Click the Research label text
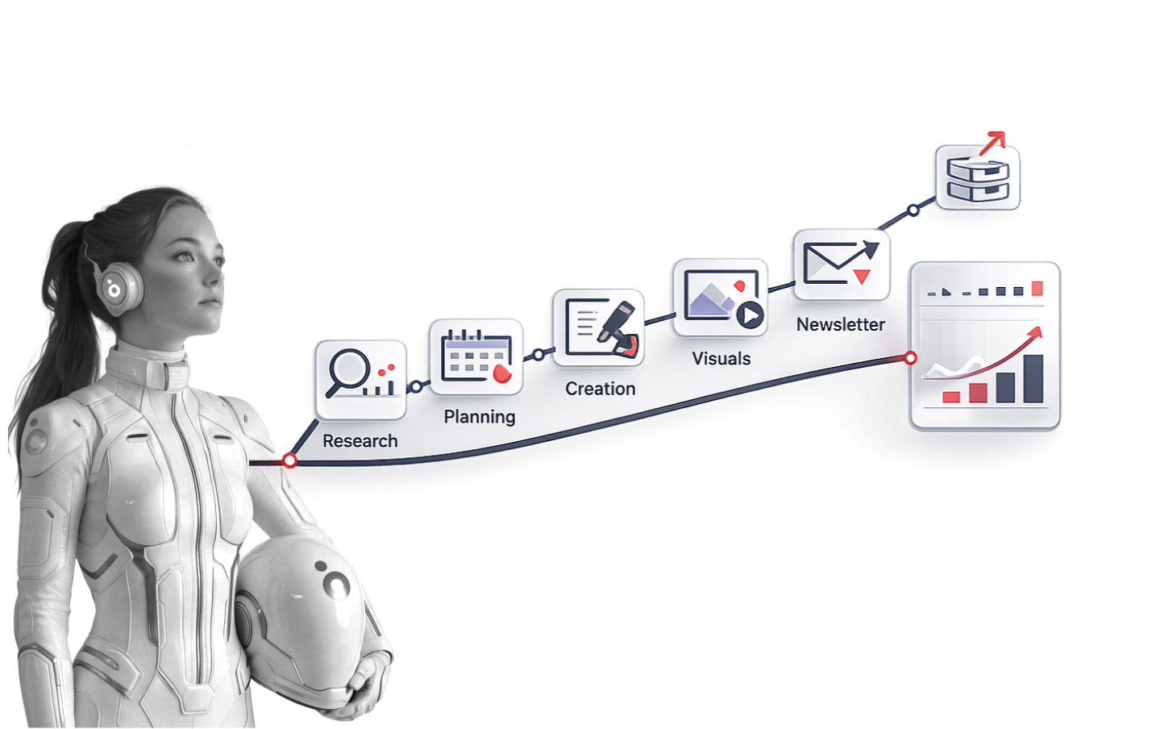click(360, 441)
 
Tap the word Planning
click(480, 417)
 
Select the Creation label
click(601, 389)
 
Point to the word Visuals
click(721, 359)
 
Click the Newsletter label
click(841, 324)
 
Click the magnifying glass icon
click(347, 373)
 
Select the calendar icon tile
click(476, 357)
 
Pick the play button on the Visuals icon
click(750, 315)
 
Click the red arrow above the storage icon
click(992, 143)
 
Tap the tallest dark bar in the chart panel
click(1033, 379)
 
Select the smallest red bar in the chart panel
click(950, 397)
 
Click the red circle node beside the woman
click(290, 460)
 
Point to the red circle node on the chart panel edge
click(910, 357)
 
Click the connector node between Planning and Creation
click(538, 355)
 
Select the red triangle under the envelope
click(862, 277)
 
